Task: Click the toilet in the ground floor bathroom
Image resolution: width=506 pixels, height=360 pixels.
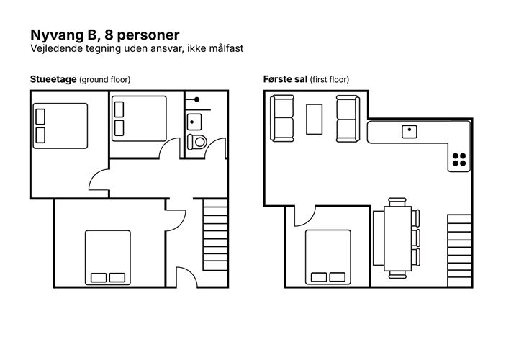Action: pos(196,142)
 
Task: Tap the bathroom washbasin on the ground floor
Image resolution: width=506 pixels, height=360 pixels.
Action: pos(194,122)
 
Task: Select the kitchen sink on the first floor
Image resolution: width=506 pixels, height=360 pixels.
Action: pos(409,132)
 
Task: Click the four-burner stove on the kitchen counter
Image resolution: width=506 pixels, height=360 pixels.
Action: pos(459,160)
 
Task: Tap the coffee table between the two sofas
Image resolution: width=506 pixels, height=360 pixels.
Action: pos(314,119)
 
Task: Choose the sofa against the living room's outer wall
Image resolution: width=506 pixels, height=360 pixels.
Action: pos(282,119)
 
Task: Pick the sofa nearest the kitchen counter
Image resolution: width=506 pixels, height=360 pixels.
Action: pos(348,119)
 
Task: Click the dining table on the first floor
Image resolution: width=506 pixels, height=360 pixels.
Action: pos(397,238)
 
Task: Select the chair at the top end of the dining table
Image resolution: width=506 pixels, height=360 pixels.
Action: pos(397,202)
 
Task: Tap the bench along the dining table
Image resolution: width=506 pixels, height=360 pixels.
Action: pos(379,238)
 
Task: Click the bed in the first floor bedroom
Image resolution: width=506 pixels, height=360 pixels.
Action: pos(328,257)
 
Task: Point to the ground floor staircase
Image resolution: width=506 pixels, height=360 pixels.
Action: pos(215,235)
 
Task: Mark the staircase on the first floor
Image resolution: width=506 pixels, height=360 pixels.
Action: pos(459,251)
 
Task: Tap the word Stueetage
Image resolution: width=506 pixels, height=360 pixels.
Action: pos(53,79)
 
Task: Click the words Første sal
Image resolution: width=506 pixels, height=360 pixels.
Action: pos(285,79)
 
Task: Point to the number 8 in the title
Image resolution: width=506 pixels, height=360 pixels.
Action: pos(109,35)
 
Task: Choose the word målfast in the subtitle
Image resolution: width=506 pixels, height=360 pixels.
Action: pos(226,48)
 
